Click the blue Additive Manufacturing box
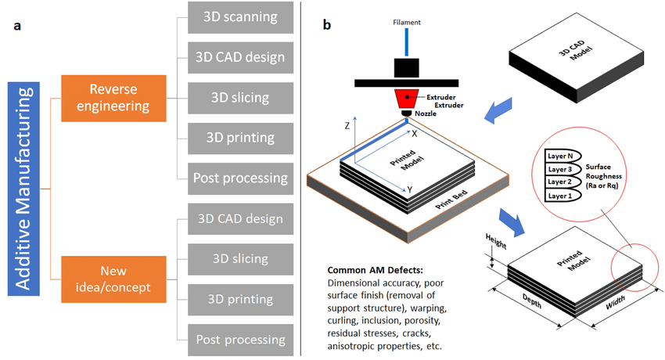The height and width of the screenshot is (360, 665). point(24,189)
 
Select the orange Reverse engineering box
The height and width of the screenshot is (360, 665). point(113,98)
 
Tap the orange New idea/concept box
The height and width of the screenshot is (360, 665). point(113,279)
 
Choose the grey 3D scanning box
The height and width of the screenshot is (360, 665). point(237,16)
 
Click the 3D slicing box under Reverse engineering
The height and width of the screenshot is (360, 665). point(237,98)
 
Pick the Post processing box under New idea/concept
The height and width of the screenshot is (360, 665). point(237,340)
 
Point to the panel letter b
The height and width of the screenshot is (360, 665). point(326,25)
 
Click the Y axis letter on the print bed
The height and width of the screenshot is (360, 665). point(410,189)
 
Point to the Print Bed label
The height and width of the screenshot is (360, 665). point(451,205)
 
